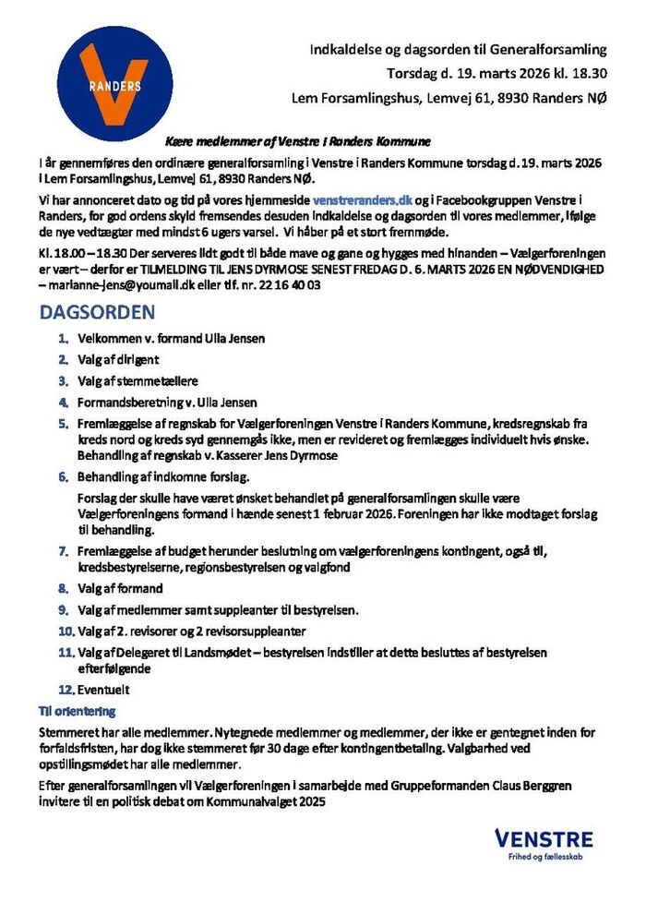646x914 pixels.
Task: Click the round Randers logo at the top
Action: [114, 82]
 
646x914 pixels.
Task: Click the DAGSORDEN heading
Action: [97, 313]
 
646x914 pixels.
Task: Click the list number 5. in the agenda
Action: [64, 423]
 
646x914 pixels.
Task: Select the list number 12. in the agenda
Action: [65, 689]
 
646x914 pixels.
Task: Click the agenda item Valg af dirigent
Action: [117, 360]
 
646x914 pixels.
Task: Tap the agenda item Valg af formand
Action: [120, 588]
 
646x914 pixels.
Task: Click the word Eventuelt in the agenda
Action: [103, 689]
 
